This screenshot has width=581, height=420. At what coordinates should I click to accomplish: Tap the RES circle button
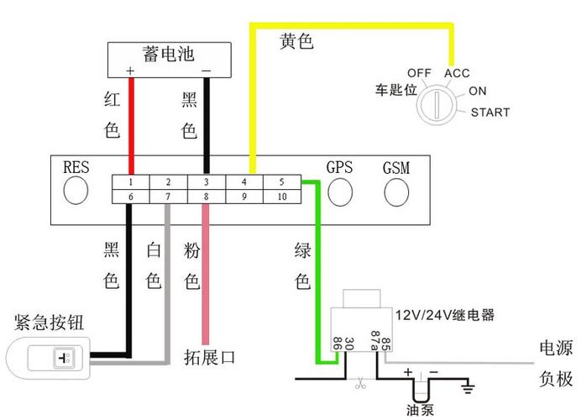[76, 191]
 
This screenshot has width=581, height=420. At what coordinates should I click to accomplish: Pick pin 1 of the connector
[131, 181]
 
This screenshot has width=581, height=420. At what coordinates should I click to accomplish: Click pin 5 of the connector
[281, 181]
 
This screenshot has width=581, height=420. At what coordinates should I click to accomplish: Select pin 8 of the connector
[207, 197]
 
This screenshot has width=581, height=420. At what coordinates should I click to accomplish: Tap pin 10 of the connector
[281, 197]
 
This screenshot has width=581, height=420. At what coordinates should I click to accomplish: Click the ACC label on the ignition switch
[457, 73]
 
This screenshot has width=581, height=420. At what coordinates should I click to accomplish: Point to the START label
[489, 113]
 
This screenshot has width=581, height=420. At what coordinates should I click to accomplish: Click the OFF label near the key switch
[419, 73]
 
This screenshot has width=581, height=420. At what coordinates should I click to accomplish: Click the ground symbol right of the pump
[468, 388]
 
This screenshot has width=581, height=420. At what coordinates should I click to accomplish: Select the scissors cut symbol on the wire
[359, 385]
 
